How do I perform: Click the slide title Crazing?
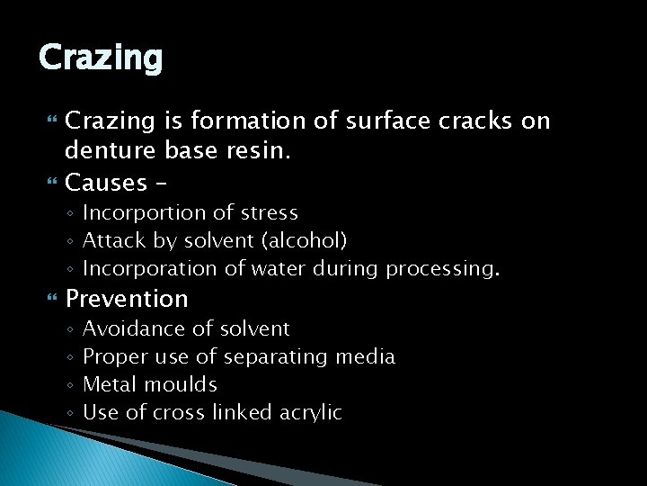[x=101, y=58]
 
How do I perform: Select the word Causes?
[x=106, y=183]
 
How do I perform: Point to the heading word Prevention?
[x=127, y=298]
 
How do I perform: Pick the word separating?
[x=275, y=357]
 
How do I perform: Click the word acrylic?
[x=310, y=412]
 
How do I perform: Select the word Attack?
[x=110, y=241]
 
